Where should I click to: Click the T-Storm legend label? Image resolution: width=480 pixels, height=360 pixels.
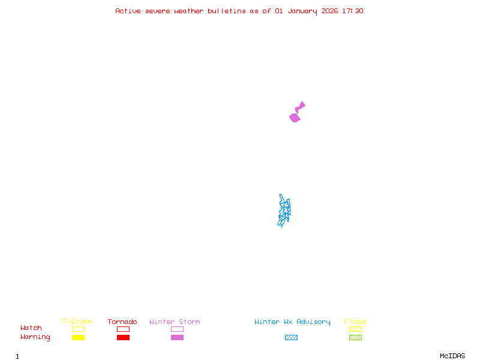click(77, 322)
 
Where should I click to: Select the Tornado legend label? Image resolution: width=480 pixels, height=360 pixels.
click(122, 322)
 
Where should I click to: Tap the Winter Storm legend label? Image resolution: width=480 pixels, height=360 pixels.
click(175, 322)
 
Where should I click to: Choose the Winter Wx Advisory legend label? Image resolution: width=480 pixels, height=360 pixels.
click(292, 322)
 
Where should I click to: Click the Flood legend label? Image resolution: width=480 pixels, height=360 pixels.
click(355, 322)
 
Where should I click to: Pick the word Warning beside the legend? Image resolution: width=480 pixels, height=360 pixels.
click(35, 337)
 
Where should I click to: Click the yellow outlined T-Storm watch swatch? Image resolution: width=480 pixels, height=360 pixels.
click(78, 329)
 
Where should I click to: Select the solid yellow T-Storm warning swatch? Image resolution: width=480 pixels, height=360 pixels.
click(78, 337)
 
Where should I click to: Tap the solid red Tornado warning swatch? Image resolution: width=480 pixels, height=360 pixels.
click(123, 337)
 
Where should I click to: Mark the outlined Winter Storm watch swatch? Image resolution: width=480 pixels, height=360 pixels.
click(177, 329)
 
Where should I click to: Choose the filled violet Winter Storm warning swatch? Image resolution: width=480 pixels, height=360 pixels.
click(177, 337)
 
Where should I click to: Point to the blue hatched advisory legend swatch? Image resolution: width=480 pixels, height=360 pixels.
click(291, 337)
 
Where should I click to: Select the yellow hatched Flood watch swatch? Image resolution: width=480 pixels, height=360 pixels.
click(355, 329)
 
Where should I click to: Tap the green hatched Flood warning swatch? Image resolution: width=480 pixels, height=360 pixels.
click(355, 337)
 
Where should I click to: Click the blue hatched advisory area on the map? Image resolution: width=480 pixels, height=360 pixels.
click(284, 211)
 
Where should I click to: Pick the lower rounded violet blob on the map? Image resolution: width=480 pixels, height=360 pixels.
click(295, 118)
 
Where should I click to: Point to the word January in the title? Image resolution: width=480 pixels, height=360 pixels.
click(300, 11)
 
